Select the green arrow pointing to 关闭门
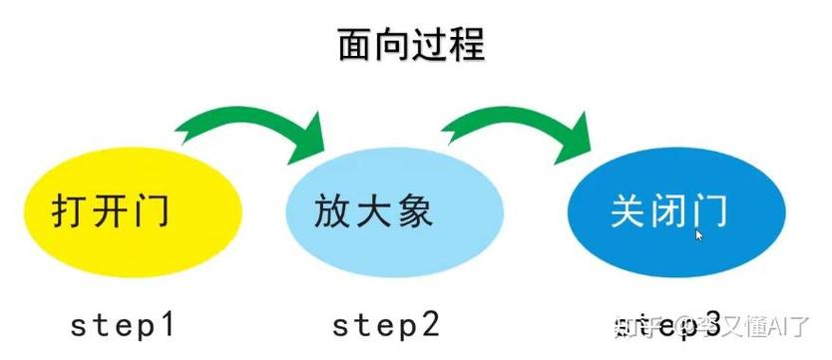point(519,128)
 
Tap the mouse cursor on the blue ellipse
point(698,234)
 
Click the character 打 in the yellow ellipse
point(72,212)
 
